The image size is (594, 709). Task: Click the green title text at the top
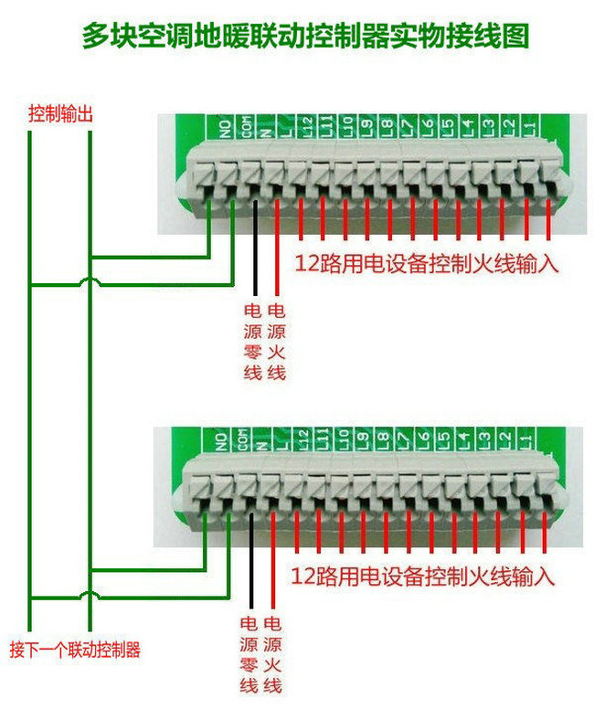tap(297, 36)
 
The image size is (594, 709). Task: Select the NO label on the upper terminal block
tap(222, 127)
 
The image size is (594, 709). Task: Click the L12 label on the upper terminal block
tap(306, 127)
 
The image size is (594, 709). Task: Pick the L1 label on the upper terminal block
tap(531, 127)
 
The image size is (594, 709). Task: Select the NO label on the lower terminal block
tap(220, 442)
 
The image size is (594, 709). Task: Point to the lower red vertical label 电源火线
tap(272, 654)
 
